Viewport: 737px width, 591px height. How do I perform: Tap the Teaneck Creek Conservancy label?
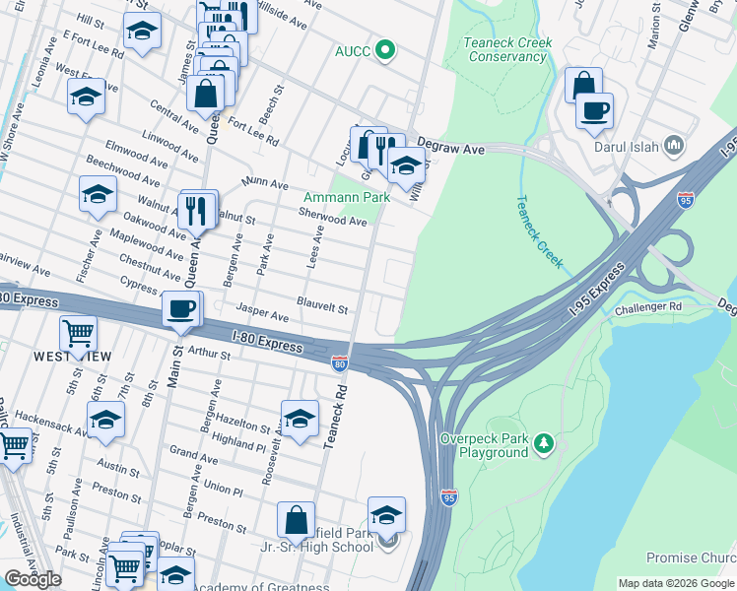(x=507, y=50)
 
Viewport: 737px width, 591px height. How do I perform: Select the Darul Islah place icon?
(x=675, y=146)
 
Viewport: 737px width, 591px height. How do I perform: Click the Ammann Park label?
(x=345, y=198)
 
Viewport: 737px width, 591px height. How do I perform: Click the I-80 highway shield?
(x=339, y=365)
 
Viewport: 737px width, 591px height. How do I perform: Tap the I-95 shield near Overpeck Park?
(x=448, y=497)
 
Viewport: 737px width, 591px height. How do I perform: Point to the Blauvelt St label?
(x=322, y=308)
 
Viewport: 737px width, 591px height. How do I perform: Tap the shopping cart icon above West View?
(x=78, y=333)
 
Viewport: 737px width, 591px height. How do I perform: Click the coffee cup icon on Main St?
(x=179, y=308)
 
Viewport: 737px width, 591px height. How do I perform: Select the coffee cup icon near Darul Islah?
(x=594, y=109)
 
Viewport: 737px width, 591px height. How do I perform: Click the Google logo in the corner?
(x=33, y=579)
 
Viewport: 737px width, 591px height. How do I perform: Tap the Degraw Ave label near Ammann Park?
(x=451, y=148)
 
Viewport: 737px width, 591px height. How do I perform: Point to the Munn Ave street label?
(x=265, y=184)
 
